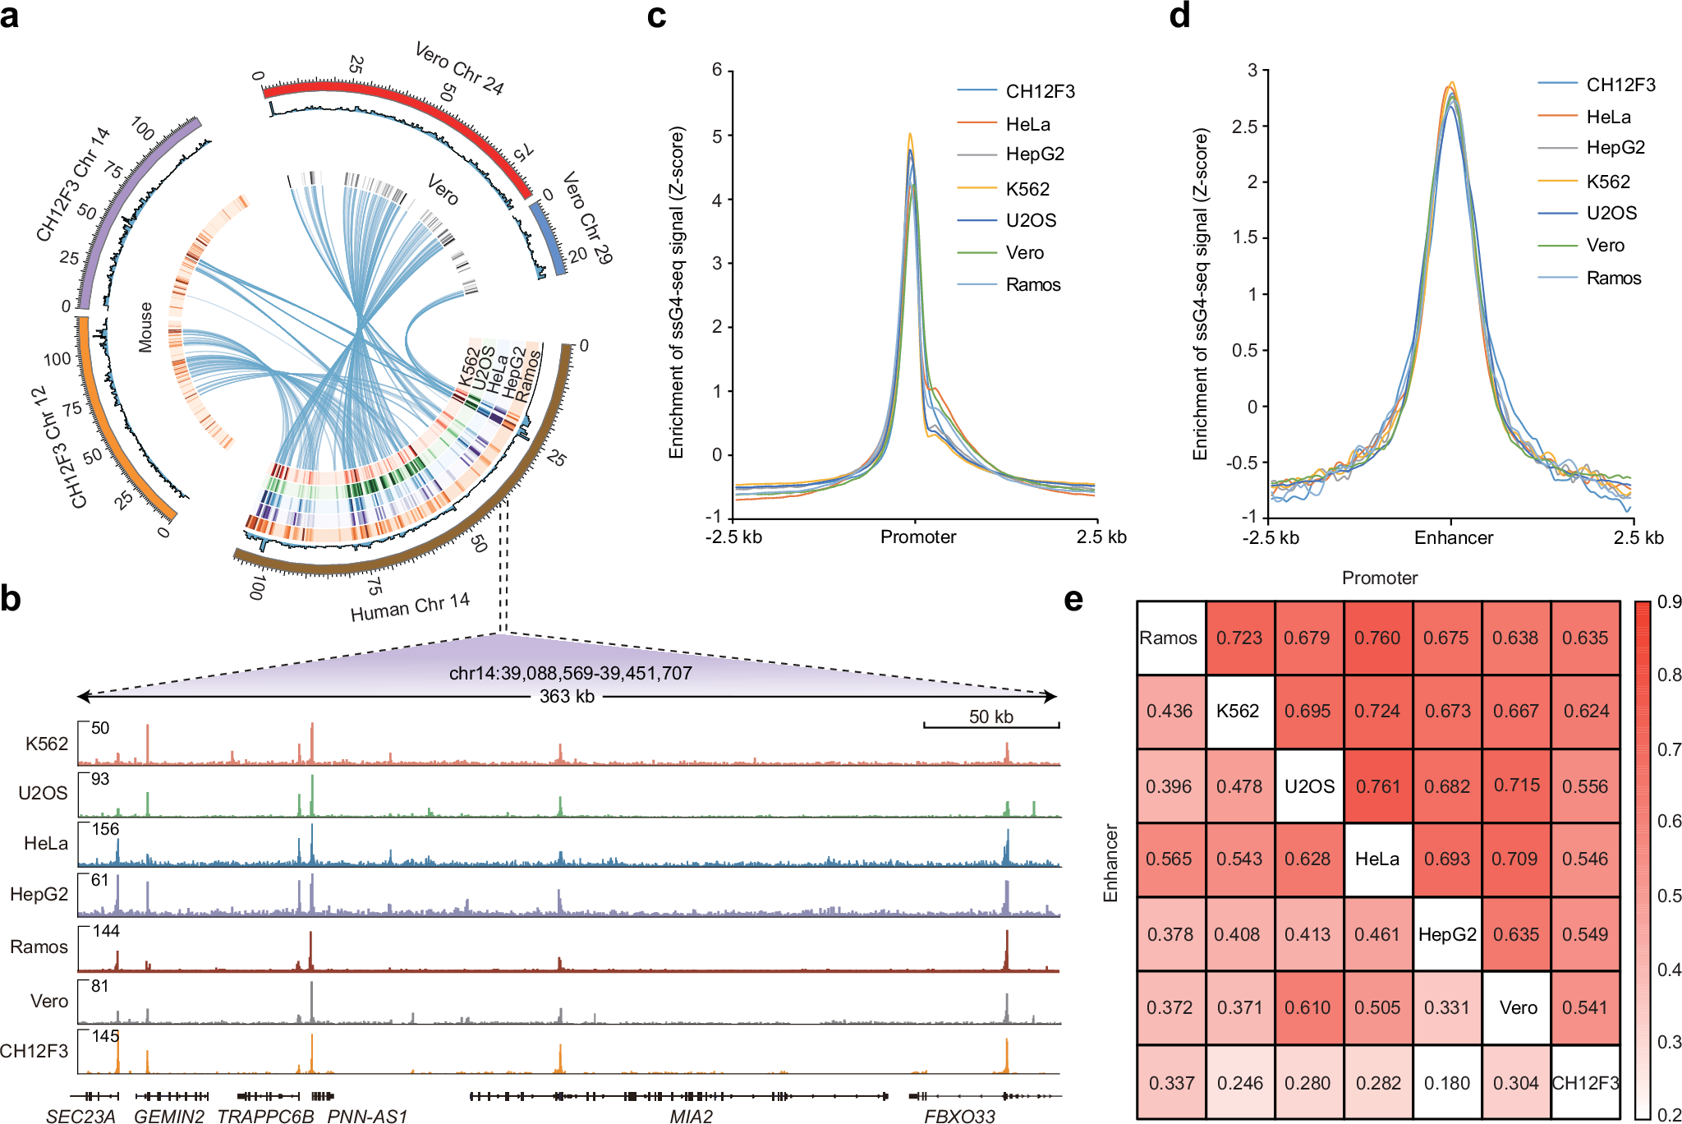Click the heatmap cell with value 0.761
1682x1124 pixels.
pyautogui.click(x=1378, y=786)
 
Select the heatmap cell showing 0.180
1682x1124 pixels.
pyautogui.click(x=1447, y=1083)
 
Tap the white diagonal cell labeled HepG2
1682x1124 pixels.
pyautogui.click(x=1447, y=934)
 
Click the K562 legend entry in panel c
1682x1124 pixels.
pyautogui.click(x=1027, y=189)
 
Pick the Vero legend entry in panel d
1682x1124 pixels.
pyautogui.click(x=1605, y=245)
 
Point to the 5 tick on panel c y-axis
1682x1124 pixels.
pyautogui.click(x=718, y=136)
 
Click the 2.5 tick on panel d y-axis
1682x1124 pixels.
pyautogui.click(x=1245, y=126)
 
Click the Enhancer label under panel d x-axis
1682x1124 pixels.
pyautogui.click(x=1453, y=538)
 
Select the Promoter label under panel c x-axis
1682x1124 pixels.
pyautogui.click(x=918, y=537)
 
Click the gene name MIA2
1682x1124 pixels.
pyautogui.click(x=691, y=1116)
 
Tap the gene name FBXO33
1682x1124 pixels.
pyautogui.click(x=959, y=1116)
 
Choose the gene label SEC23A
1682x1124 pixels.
pyautogui.click(x=80, y=1116)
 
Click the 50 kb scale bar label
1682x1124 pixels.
pyautogui.click(x=990, y=716)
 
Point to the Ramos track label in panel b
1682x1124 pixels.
pyautogui.click(x=39, y=947)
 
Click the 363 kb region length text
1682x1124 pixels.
pyautogui.click(x=567, y=697)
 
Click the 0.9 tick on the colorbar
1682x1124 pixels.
pyautogui.click(x=1669, y=602)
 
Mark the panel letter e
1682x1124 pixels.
pyautogui.click(x=1073, y=600)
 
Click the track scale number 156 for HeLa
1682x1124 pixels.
pyautogui.click(x=105, y=829)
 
